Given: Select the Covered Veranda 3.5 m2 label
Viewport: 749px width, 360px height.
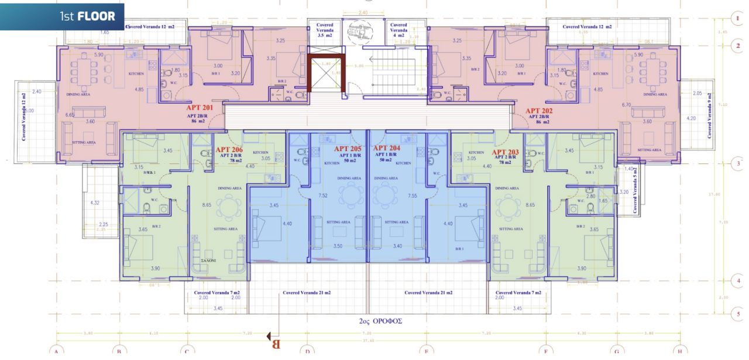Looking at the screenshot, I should (x=325, y=30).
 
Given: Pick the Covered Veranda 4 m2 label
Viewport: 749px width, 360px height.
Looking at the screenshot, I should (x=399, y=30).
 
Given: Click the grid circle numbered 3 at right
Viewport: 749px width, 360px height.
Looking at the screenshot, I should (x=738, y=163).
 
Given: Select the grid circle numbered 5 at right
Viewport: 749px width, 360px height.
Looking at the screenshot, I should (x=738, y=314).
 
